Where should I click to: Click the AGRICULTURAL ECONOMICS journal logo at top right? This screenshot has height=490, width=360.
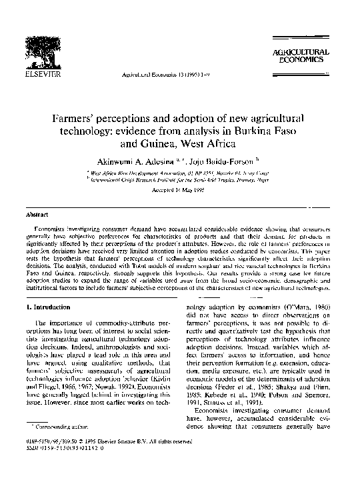(301, 55)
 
